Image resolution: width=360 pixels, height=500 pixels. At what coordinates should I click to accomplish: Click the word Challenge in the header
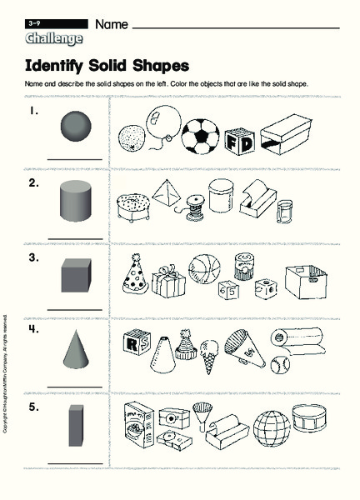click(54, 38)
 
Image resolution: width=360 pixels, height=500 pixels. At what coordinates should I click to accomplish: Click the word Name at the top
click(112, 25)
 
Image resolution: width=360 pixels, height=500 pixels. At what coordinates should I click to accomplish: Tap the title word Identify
click(60, 65)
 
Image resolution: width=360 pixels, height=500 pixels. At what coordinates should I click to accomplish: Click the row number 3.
click(33, 258)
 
